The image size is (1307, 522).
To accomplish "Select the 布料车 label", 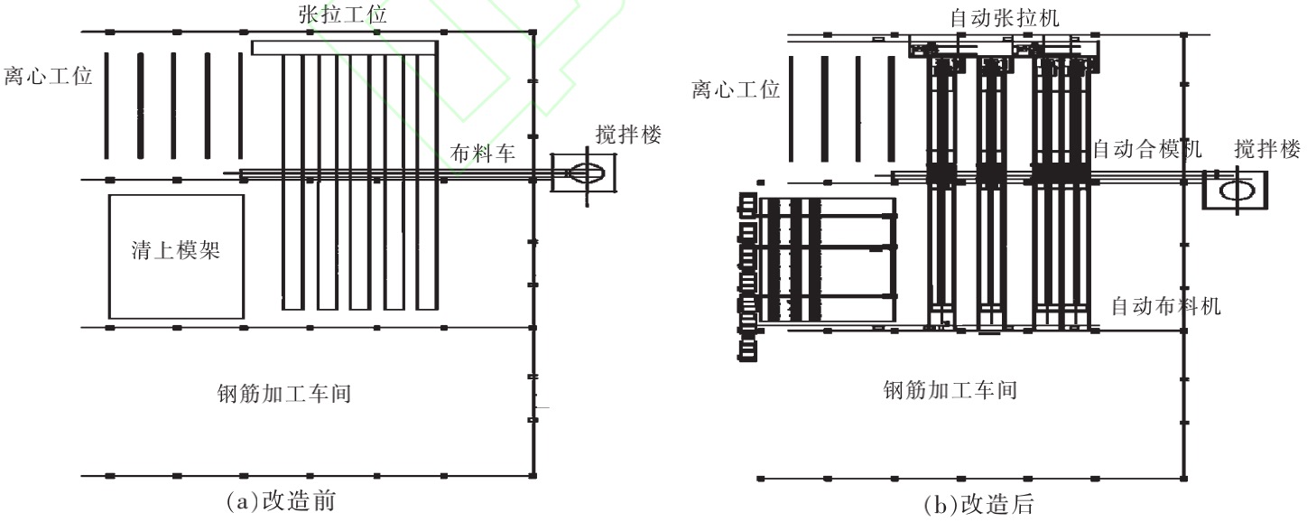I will (483, 154).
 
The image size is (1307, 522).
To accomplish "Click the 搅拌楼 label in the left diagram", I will (629, 135).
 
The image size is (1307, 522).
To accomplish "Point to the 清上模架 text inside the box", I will (176, 251).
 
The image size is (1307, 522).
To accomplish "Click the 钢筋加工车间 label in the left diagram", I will (283, 394).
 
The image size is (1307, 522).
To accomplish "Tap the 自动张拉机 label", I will (1003, 17).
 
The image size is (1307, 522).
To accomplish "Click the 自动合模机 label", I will (1146, 150).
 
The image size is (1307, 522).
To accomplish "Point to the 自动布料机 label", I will (1165, 306).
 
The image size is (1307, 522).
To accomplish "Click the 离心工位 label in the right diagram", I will (736, 89).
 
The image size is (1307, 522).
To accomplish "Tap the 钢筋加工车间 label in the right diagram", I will (950, 391).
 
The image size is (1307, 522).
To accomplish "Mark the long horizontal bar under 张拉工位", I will (344, 48).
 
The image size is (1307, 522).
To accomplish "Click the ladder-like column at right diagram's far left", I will (746, 275).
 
